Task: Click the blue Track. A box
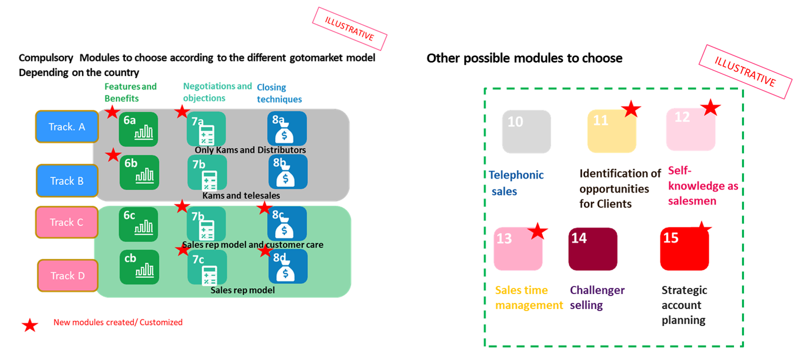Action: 67,127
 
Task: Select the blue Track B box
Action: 67,181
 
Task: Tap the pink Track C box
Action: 66,222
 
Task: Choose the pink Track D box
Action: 68,275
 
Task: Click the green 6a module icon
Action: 139,129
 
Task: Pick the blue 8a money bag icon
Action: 287,128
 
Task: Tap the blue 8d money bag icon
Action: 288,266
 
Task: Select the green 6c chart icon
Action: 139,224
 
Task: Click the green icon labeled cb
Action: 139,267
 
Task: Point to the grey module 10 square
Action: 526,131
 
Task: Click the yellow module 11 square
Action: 612,131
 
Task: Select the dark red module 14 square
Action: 593,249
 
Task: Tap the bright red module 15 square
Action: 685,249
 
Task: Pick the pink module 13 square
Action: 518,249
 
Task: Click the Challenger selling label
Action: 597,298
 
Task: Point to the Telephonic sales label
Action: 515,183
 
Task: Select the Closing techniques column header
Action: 279,93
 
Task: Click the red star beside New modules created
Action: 30,325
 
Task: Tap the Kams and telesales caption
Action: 241,195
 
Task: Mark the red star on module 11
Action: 631,109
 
